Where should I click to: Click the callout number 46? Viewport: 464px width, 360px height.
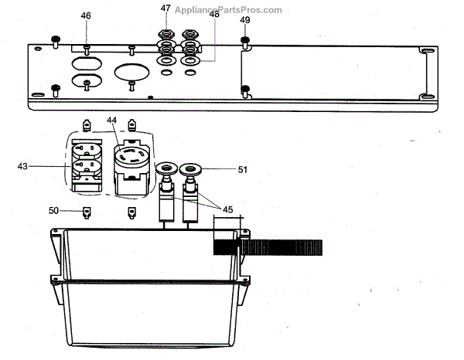(x=86, y=15)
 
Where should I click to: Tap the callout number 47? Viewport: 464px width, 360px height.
(x=166, y=9)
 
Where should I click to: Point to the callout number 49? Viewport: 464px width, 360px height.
(x=245, y=19)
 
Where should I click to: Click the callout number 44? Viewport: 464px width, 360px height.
(x=111, y=121)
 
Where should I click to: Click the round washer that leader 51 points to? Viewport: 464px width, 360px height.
(x=189, y=170)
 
